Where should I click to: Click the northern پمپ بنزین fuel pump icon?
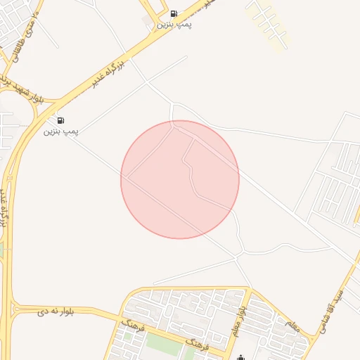coord(174,13)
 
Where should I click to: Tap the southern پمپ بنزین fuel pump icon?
coord(61,120)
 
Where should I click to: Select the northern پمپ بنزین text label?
coord(174,25)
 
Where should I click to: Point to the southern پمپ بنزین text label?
coord(61,131)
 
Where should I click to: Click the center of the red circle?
coord(180,179)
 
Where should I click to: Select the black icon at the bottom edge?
coord(242,356)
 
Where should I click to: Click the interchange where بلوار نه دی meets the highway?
coord(12,308)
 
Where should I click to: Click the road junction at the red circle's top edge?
coord(173,123)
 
